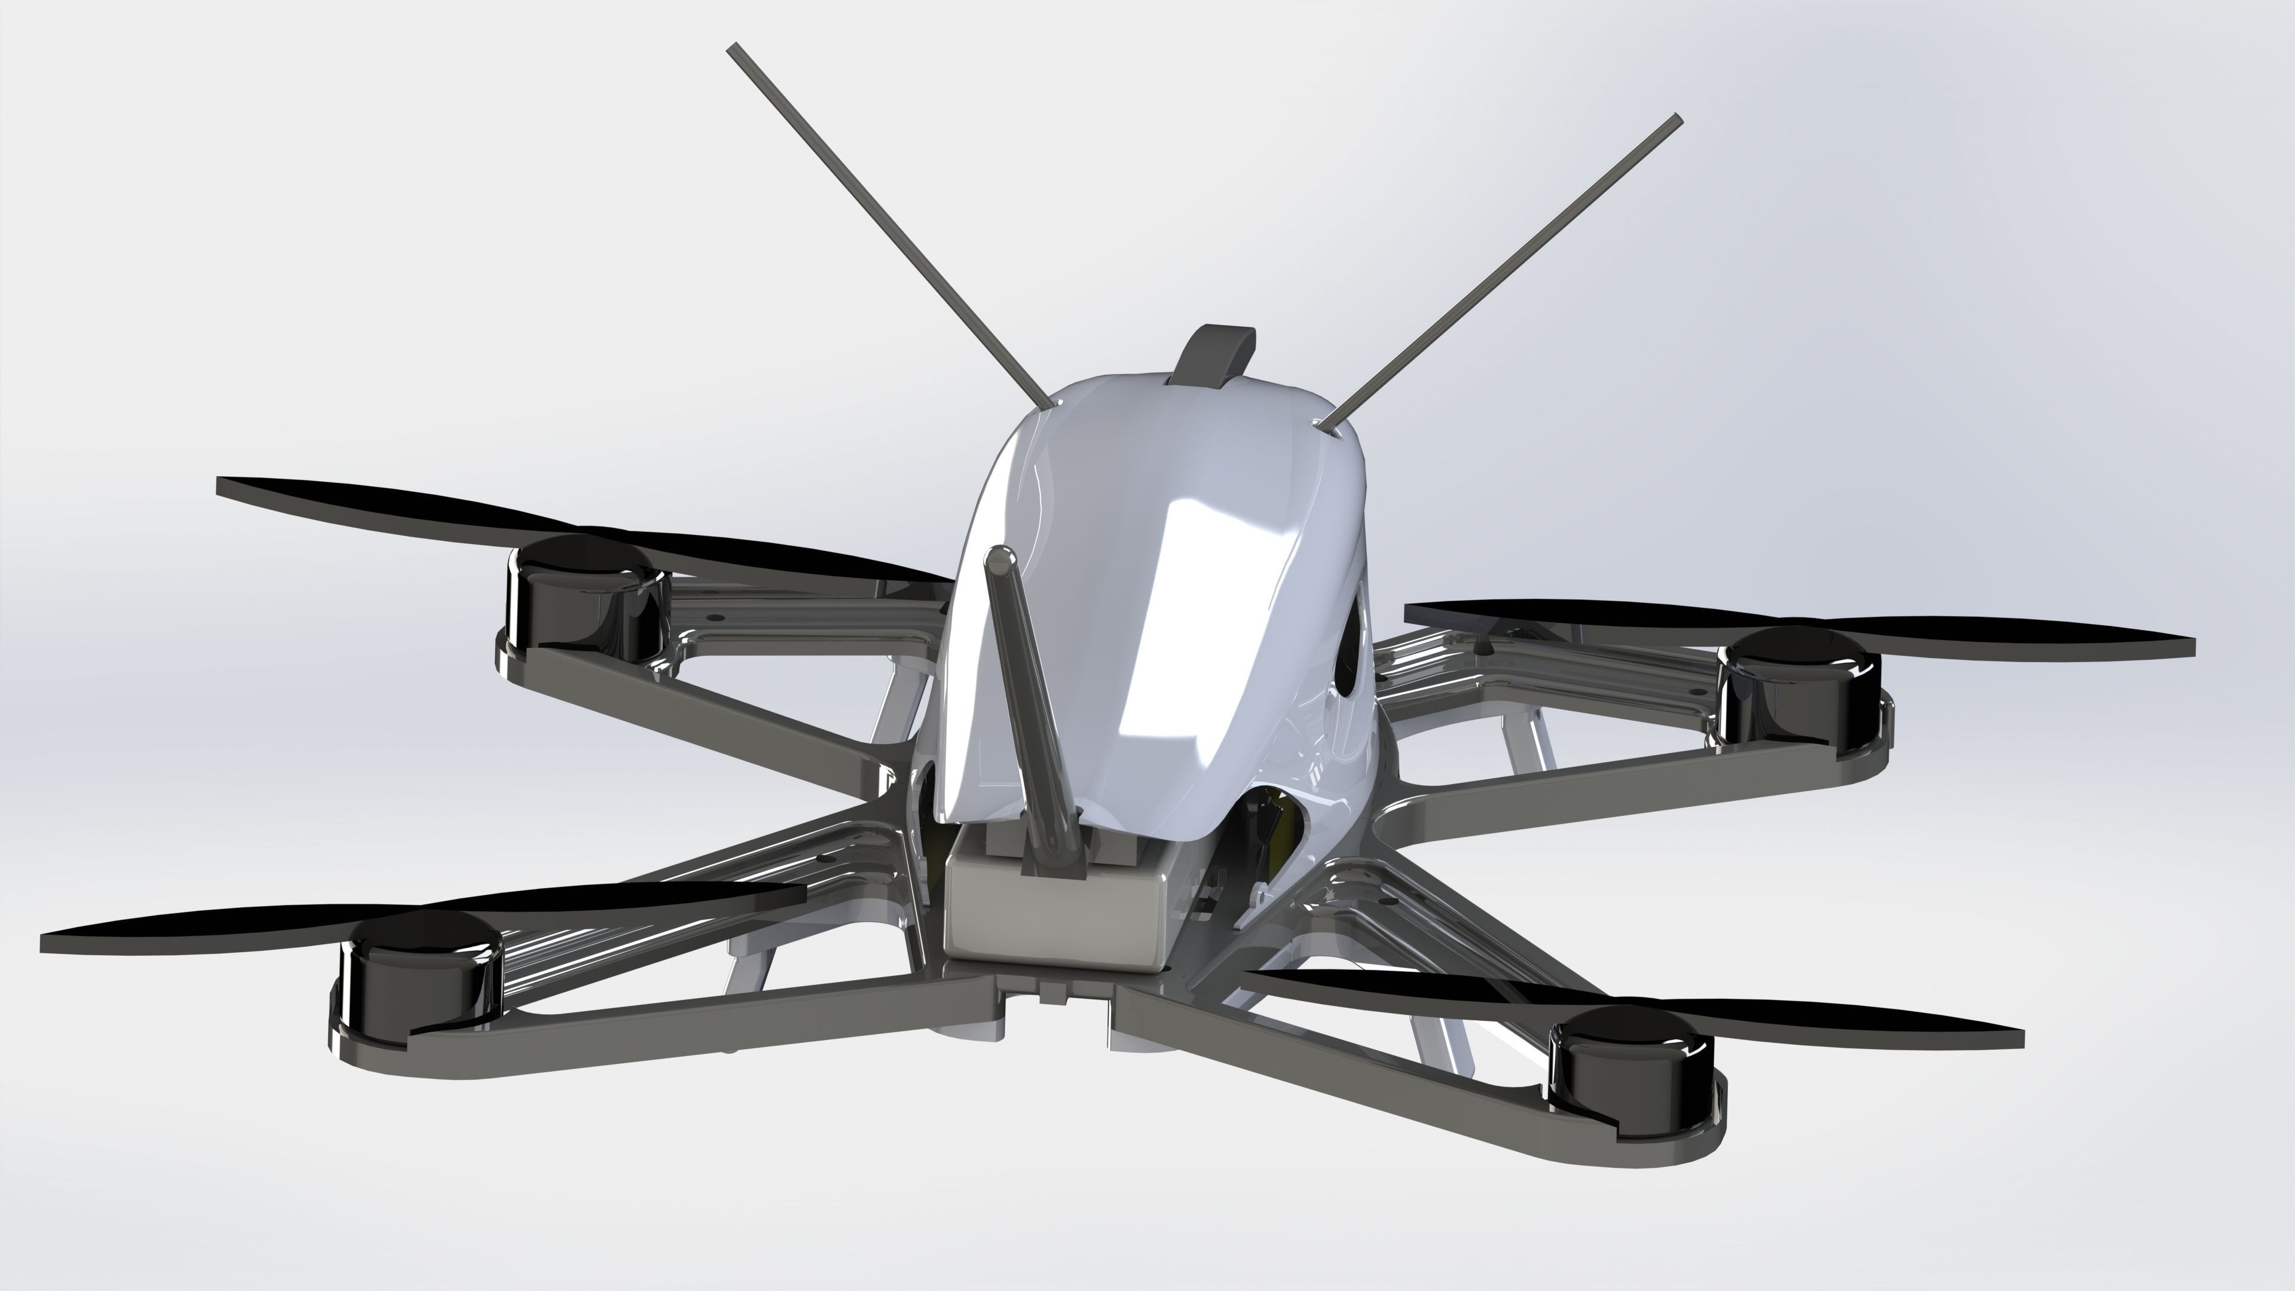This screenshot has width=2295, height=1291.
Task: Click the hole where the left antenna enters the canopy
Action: [1054, 405]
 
